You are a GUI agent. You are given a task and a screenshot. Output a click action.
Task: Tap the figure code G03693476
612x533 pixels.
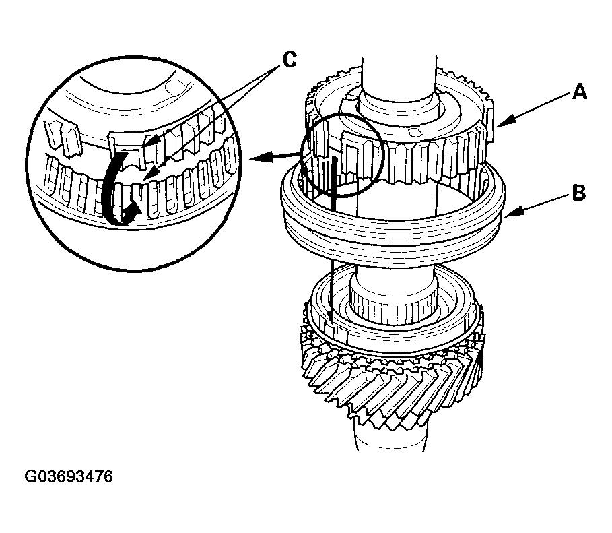tap(69, 477)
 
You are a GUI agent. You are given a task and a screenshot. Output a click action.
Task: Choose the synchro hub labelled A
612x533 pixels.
tap(404, 135)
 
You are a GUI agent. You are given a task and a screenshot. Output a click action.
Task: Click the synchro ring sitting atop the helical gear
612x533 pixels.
tap(394, 330)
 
